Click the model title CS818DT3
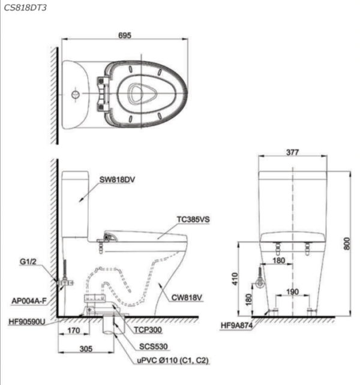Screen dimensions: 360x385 [x=25, y=8]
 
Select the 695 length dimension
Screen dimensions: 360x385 [x=125, y=35]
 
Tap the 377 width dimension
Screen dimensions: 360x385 [x=292, y=152]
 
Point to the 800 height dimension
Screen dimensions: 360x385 [x=346, y=243]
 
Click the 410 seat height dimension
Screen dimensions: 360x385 [x=235, y=279]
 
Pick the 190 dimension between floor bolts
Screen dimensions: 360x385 [x=292, y=292]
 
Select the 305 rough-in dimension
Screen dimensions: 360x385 [x=86, y=348]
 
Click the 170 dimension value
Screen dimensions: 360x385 [x=73, y=330]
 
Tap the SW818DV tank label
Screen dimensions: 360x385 [x=117, y=180]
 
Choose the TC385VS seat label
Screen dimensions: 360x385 [x=193, y=219]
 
